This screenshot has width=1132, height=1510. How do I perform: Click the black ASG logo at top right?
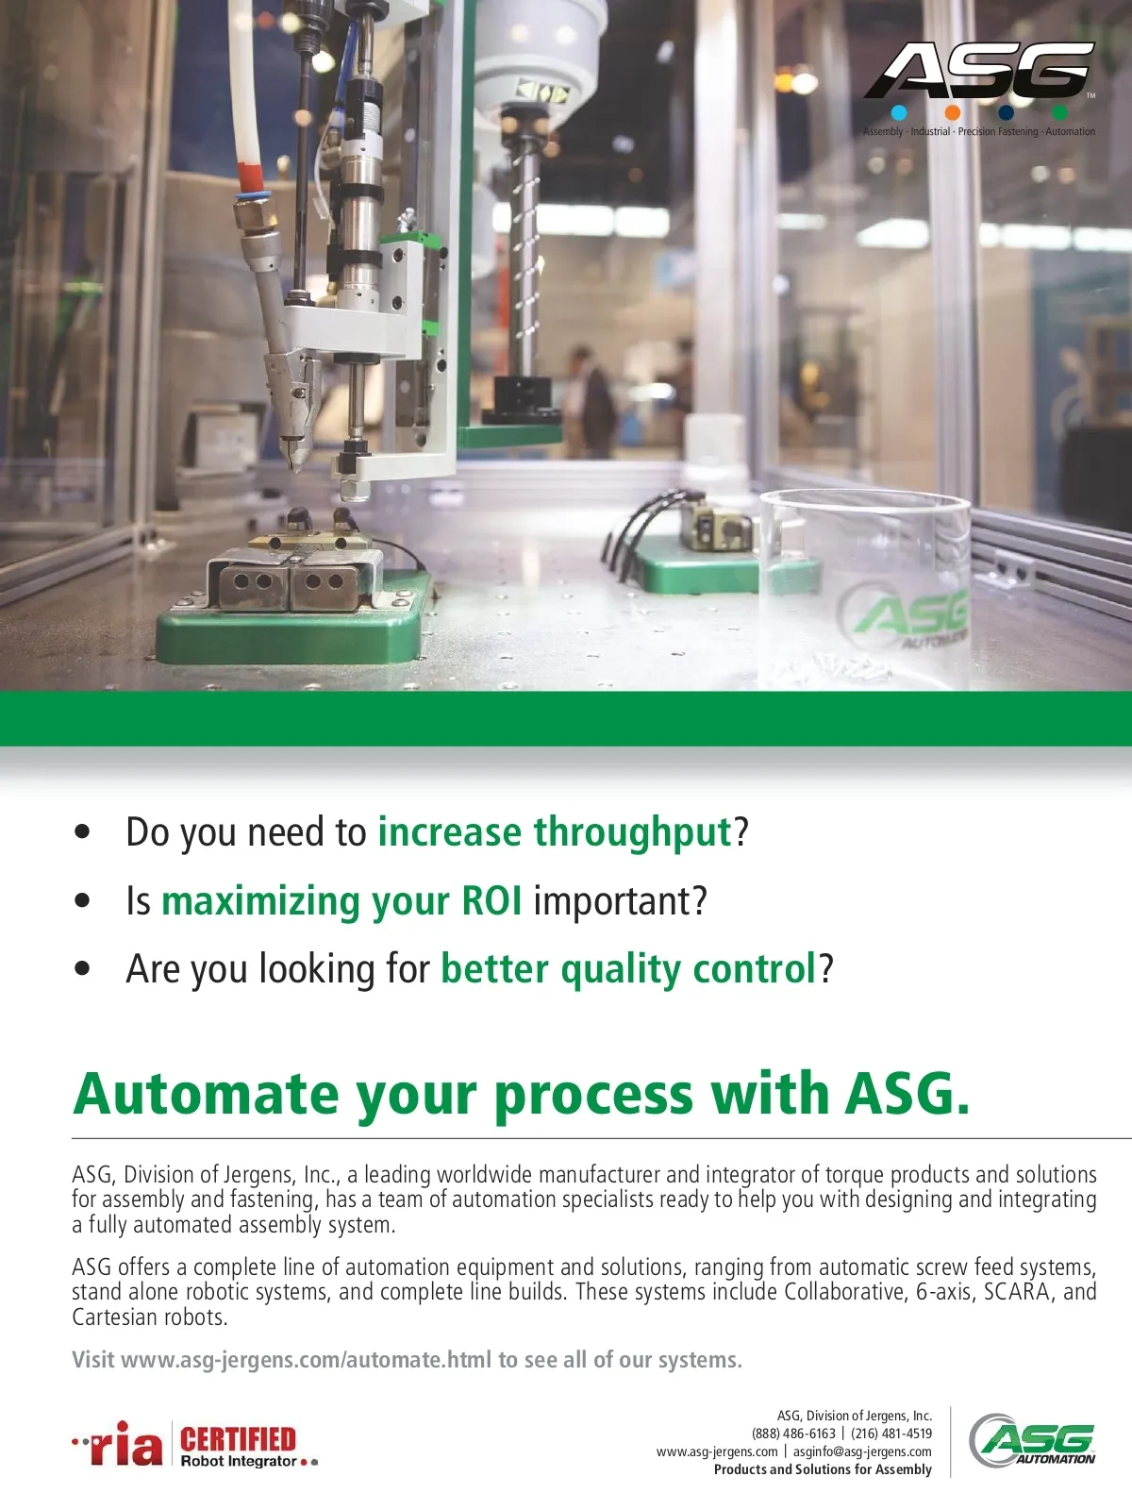pos(979,70)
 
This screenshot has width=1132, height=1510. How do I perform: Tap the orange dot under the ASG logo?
pos(952,112)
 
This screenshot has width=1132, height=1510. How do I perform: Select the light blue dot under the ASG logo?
pos(898,112)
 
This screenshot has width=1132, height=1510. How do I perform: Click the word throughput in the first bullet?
pos(632,833)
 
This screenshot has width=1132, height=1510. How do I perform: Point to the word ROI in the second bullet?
pos(491,900)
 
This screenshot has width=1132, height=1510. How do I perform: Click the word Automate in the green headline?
pos(206,1095)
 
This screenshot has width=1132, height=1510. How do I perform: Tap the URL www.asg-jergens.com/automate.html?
pos(306,1360)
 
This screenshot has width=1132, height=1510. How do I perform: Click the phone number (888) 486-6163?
pos(794,1434)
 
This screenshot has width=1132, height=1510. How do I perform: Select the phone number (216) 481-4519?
pos(891,1434)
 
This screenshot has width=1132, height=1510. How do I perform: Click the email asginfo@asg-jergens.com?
pos(862,1451)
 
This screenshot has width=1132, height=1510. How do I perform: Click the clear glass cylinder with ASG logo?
pos(865,590)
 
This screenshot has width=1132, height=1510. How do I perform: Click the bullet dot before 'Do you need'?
pos(82,831)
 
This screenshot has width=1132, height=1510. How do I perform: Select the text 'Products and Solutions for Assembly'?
pos(823,1469)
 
